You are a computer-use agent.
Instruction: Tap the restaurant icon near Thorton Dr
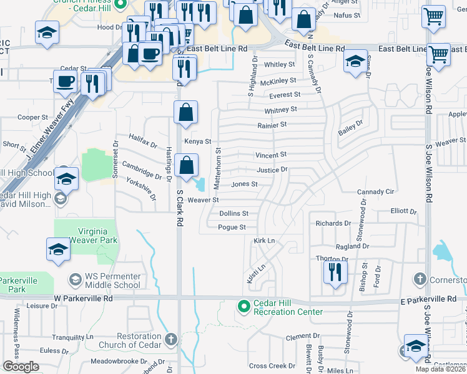[335, 272]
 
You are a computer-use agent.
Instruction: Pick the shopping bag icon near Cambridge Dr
[186, 166]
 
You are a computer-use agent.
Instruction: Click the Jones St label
[244, 185]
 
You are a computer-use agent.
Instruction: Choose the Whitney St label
[280, 110]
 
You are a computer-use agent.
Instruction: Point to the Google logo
[21, 367]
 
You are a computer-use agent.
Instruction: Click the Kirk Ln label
[264, 241]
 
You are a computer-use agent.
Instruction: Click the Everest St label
[285, 95]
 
